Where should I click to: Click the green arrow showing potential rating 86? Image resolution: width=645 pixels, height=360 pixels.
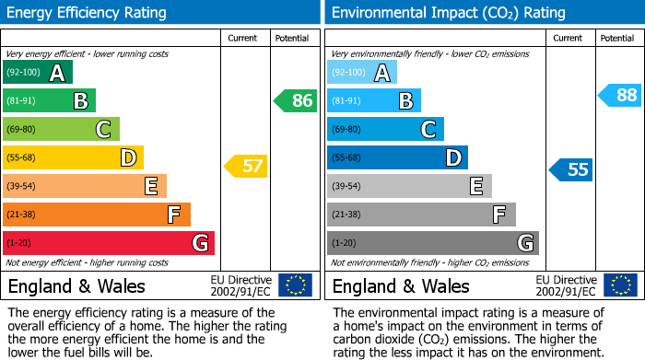click(296, 100)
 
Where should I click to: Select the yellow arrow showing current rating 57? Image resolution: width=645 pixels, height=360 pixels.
click(246, 167)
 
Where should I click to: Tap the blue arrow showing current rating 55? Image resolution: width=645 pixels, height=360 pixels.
click(571, 169)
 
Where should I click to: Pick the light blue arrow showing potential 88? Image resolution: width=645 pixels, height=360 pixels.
click(620, 95)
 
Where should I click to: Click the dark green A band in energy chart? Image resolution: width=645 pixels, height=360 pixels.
click(37, 73)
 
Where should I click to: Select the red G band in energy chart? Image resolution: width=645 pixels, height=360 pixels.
click(109, 243)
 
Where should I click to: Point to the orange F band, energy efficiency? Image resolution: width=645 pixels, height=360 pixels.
click(97, 215)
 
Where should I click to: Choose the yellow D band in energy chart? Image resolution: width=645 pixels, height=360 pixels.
click(73, 157)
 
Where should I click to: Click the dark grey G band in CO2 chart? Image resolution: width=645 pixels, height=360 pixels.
click(432, 243)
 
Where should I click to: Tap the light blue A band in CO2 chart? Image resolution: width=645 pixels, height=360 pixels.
click(361, 73)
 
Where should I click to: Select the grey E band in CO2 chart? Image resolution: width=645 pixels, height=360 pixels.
click(409, 186)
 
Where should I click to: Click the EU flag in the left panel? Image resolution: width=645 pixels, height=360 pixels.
click(295, 285)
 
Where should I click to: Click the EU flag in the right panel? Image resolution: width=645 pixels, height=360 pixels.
click(620, 285)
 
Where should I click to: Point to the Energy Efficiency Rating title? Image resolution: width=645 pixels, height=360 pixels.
click(88, 13)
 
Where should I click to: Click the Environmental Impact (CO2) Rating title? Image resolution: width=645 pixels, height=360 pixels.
click(448, 13)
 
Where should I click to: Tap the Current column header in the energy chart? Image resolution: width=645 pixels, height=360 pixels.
click(243, 38)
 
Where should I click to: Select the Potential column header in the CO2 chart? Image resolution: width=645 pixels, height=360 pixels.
click(617, 38)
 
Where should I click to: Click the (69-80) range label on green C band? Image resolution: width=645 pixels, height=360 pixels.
click(20, 130)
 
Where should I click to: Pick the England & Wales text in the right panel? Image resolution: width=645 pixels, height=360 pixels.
click(401, 285)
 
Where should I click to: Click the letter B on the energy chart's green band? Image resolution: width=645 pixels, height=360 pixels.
click(80, 101)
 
